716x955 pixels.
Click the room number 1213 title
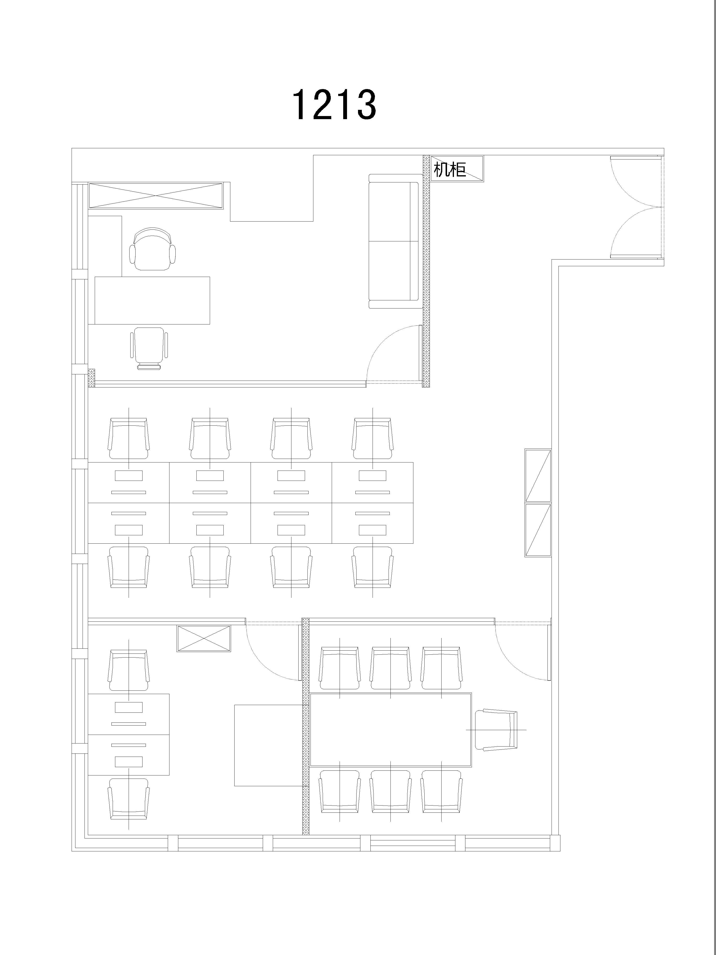334,105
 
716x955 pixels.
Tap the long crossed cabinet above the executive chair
156,196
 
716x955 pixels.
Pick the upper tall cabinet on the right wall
538,475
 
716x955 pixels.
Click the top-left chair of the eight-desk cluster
129,438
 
